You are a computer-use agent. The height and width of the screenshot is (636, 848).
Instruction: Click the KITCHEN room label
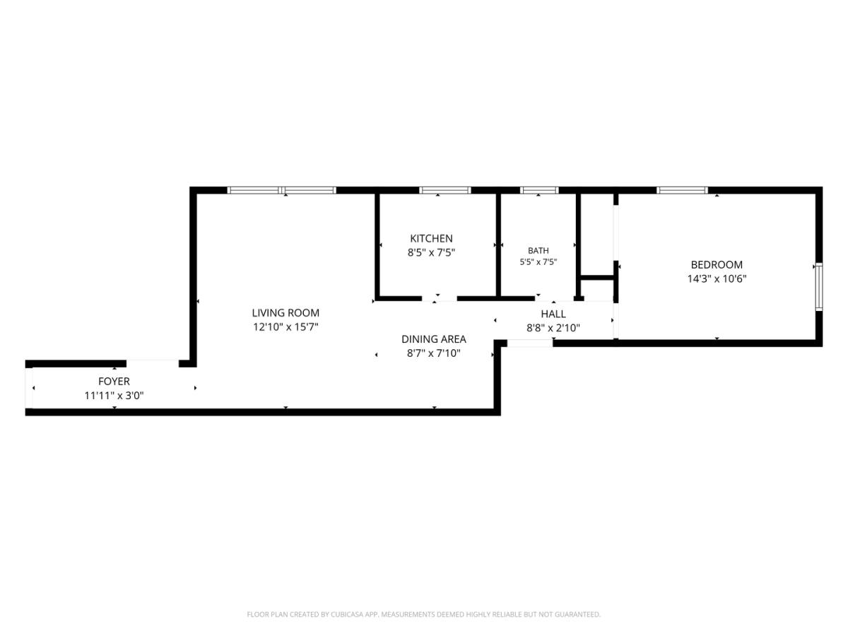[x=431, y=238]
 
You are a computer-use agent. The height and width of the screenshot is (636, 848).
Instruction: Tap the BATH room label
[x=538, y=251]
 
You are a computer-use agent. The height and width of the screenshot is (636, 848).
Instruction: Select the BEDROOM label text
[x=717, y=264]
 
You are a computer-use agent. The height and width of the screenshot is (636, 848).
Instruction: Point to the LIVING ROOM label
[x=285, y=313]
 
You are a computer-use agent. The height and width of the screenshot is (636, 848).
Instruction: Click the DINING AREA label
[x=433, y=339]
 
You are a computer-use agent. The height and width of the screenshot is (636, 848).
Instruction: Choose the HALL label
[x=553, y=314]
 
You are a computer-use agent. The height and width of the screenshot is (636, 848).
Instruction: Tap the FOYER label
[x=114, y=382]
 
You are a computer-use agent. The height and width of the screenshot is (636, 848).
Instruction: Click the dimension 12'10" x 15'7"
[x=285, y=327]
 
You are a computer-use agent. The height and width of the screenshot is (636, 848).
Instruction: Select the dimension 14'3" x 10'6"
[x=717, y=279]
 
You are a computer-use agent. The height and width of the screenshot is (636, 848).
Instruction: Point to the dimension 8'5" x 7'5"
[x=431, y=252]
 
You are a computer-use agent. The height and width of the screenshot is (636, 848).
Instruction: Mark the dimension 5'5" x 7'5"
[x=538, y=262]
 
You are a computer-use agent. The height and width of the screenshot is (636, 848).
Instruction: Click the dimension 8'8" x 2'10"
[x=553, y=328]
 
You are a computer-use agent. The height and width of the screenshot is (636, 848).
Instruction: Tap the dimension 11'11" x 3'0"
[x=114, y=396]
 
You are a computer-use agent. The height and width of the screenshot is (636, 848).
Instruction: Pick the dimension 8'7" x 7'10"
[x=433, y=353]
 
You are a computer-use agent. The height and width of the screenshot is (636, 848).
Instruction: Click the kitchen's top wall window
[x=445, y=190]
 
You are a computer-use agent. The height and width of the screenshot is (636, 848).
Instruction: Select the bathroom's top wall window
[x=539, y=190]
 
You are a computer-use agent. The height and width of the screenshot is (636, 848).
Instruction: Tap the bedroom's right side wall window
[x=818, y=287]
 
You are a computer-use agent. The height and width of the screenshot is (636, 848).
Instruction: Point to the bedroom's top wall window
[x=682, y=190]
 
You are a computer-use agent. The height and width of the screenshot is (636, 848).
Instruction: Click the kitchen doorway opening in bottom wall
[x=440, y=298]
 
